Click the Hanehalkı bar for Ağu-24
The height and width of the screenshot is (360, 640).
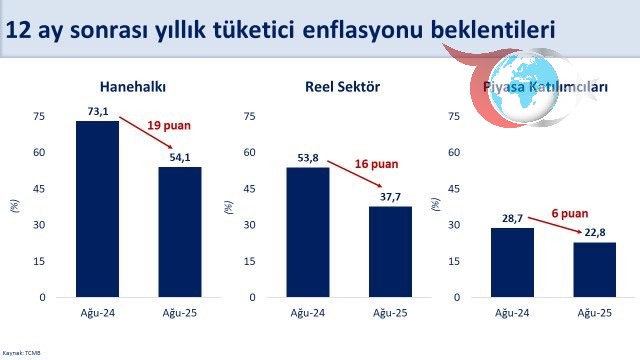97,209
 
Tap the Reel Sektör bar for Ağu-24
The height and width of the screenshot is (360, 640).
307,232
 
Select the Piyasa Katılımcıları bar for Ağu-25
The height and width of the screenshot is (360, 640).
594,269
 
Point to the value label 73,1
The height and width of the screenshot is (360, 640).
97,112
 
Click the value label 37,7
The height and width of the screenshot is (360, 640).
389,197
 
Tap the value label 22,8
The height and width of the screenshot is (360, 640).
594,233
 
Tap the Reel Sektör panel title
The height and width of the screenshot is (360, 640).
342,87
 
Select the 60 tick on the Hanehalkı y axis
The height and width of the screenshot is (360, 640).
39,153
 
